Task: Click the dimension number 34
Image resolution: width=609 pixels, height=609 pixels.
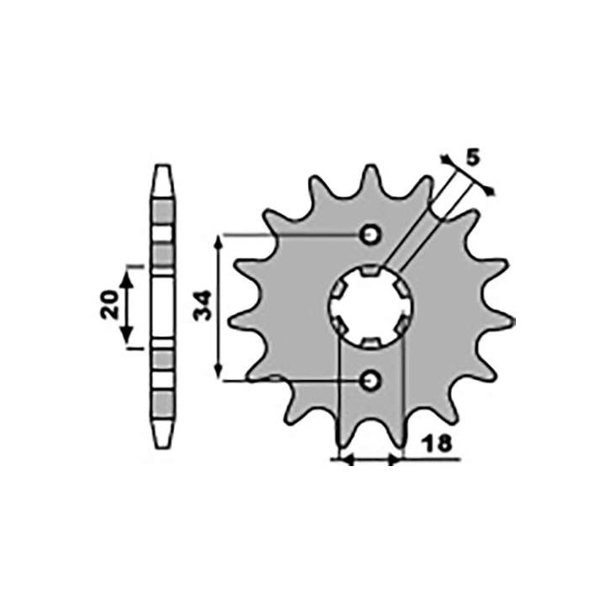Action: [203, 305]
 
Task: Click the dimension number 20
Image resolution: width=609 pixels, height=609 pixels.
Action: [109, 304]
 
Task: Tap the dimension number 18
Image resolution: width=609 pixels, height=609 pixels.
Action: [437, 443]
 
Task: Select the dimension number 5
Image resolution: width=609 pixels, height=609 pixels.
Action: [473, 157]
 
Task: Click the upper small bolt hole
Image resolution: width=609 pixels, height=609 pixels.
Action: [370, 234]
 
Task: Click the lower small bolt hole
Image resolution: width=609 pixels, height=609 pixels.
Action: [370, 381]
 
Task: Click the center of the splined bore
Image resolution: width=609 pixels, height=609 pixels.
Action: [370, 306]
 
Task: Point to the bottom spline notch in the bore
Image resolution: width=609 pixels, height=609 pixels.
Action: [370, 343]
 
